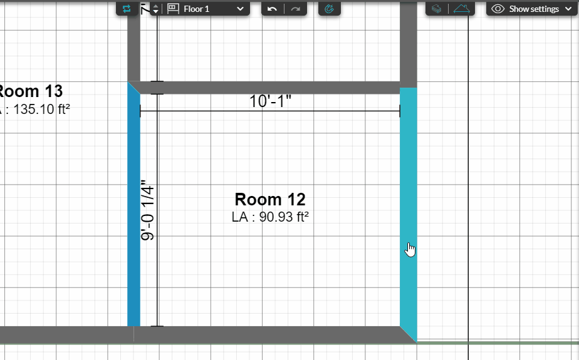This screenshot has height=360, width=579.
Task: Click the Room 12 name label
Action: pos(270,200)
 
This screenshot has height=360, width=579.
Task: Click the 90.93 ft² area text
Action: pos(270,217)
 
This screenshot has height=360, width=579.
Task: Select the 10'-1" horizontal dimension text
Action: pos(270,101)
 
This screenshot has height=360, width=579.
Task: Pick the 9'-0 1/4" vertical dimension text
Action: pos(148,212)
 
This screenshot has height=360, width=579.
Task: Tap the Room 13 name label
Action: pos(31,91)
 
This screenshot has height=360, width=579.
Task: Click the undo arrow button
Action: pos(272,9)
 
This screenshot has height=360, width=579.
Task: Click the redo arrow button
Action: pos(295,9)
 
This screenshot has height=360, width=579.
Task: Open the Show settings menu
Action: pos(532,9)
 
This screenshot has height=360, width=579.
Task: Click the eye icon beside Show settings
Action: pos(498,9)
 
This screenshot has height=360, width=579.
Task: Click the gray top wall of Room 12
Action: pos(269,88)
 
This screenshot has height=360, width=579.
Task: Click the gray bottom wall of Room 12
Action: pos(269,334)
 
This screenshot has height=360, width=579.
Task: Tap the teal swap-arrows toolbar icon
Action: pos(127,9)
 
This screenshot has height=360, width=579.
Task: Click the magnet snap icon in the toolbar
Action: pos(329,9)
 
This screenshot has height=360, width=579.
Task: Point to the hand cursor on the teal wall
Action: pos(410,250)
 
